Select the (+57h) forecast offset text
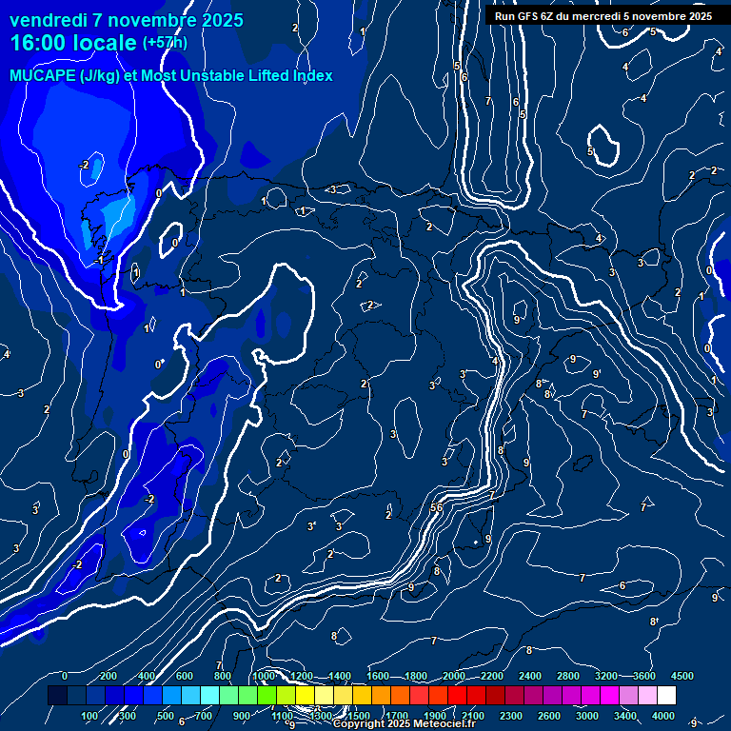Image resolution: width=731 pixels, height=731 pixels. coord(165,43)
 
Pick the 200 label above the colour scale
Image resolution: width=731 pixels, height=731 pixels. coord(109,676)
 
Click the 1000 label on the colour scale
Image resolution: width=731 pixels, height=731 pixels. coord(264,676)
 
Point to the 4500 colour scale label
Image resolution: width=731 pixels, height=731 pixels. coord(682,676)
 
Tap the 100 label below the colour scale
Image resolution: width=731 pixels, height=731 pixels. coord(89,716)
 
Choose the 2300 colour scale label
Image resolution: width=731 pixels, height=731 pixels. coord(511,716)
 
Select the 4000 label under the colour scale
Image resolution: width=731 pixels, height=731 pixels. coord(663,716)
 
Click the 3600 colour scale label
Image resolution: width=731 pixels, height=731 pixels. coord(643,676)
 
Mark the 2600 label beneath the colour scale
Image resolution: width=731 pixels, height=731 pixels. coord(549,716)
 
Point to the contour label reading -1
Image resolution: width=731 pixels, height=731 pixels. coord(99,260)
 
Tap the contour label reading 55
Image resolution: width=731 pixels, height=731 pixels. coord(436,508)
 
